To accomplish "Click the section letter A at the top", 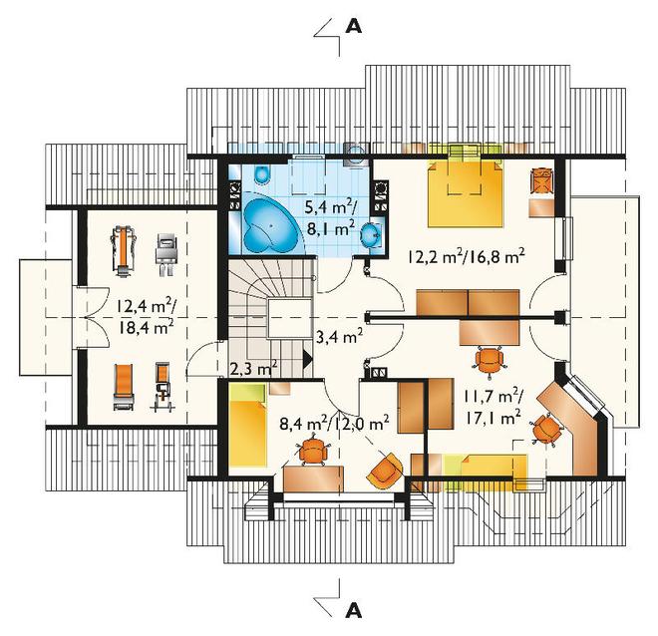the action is pos(353,26).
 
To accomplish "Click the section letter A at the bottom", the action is pos(353,611).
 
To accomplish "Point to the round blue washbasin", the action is pos(371,234).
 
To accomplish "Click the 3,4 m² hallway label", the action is pos(339,337).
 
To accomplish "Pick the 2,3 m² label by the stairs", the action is pos(254,369).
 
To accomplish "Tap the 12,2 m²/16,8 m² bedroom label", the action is pos(466,256).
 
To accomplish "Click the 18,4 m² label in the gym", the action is pos(146,326).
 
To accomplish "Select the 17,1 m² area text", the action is pos(493,418).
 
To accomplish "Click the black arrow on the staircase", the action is pos(308,359).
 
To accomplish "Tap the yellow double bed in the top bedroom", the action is pos(465,193).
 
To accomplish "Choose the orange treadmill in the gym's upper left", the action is pos(124,252).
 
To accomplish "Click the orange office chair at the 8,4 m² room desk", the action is pos(313,452).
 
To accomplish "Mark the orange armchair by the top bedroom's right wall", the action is pos(542,180).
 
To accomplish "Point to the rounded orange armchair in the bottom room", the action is pos(385,471).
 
